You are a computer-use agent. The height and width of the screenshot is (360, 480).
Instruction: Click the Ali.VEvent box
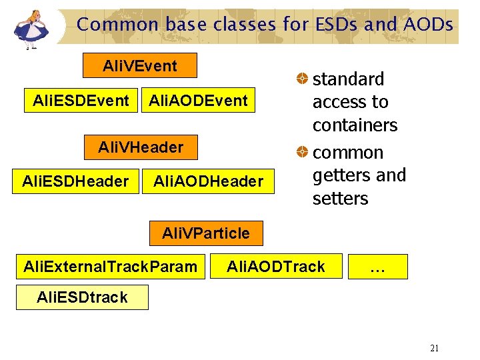[140, 66]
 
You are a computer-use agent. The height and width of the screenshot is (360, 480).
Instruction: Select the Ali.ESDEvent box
[81, 101]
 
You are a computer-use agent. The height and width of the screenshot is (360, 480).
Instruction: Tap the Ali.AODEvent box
[198, 101]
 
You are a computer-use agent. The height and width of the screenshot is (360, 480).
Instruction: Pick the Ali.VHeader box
[140, 147]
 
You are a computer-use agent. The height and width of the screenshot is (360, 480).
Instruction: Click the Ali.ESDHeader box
[75, 181]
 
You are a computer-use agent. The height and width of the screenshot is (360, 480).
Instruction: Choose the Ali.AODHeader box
[208, 181]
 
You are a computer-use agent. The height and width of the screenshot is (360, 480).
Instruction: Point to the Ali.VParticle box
[206, 233]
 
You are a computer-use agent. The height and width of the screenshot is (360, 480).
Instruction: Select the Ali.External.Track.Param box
[110, 267]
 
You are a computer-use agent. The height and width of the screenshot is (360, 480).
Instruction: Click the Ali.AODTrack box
[276, 267]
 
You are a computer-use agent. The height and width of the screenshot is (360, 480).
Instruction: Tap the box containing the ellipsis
[377, 267]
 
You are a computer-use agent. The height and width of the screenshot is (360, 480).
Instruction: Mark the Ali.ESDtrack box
[82, 297]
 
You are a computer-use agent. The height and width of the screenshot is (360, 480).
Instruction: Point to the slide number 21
[435, 348]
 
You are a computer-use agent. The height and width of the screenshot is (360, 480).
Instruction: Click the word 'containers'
[355, 125]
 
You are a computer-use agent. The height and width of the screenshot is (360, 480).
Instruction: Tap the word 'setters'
[340, 199]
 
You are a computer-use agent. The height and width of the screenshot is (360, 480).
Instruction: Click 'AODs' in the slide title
[428, 25]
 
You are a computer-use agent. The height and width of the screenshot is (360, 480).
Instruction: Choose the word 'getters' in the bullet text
[341, 175]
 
